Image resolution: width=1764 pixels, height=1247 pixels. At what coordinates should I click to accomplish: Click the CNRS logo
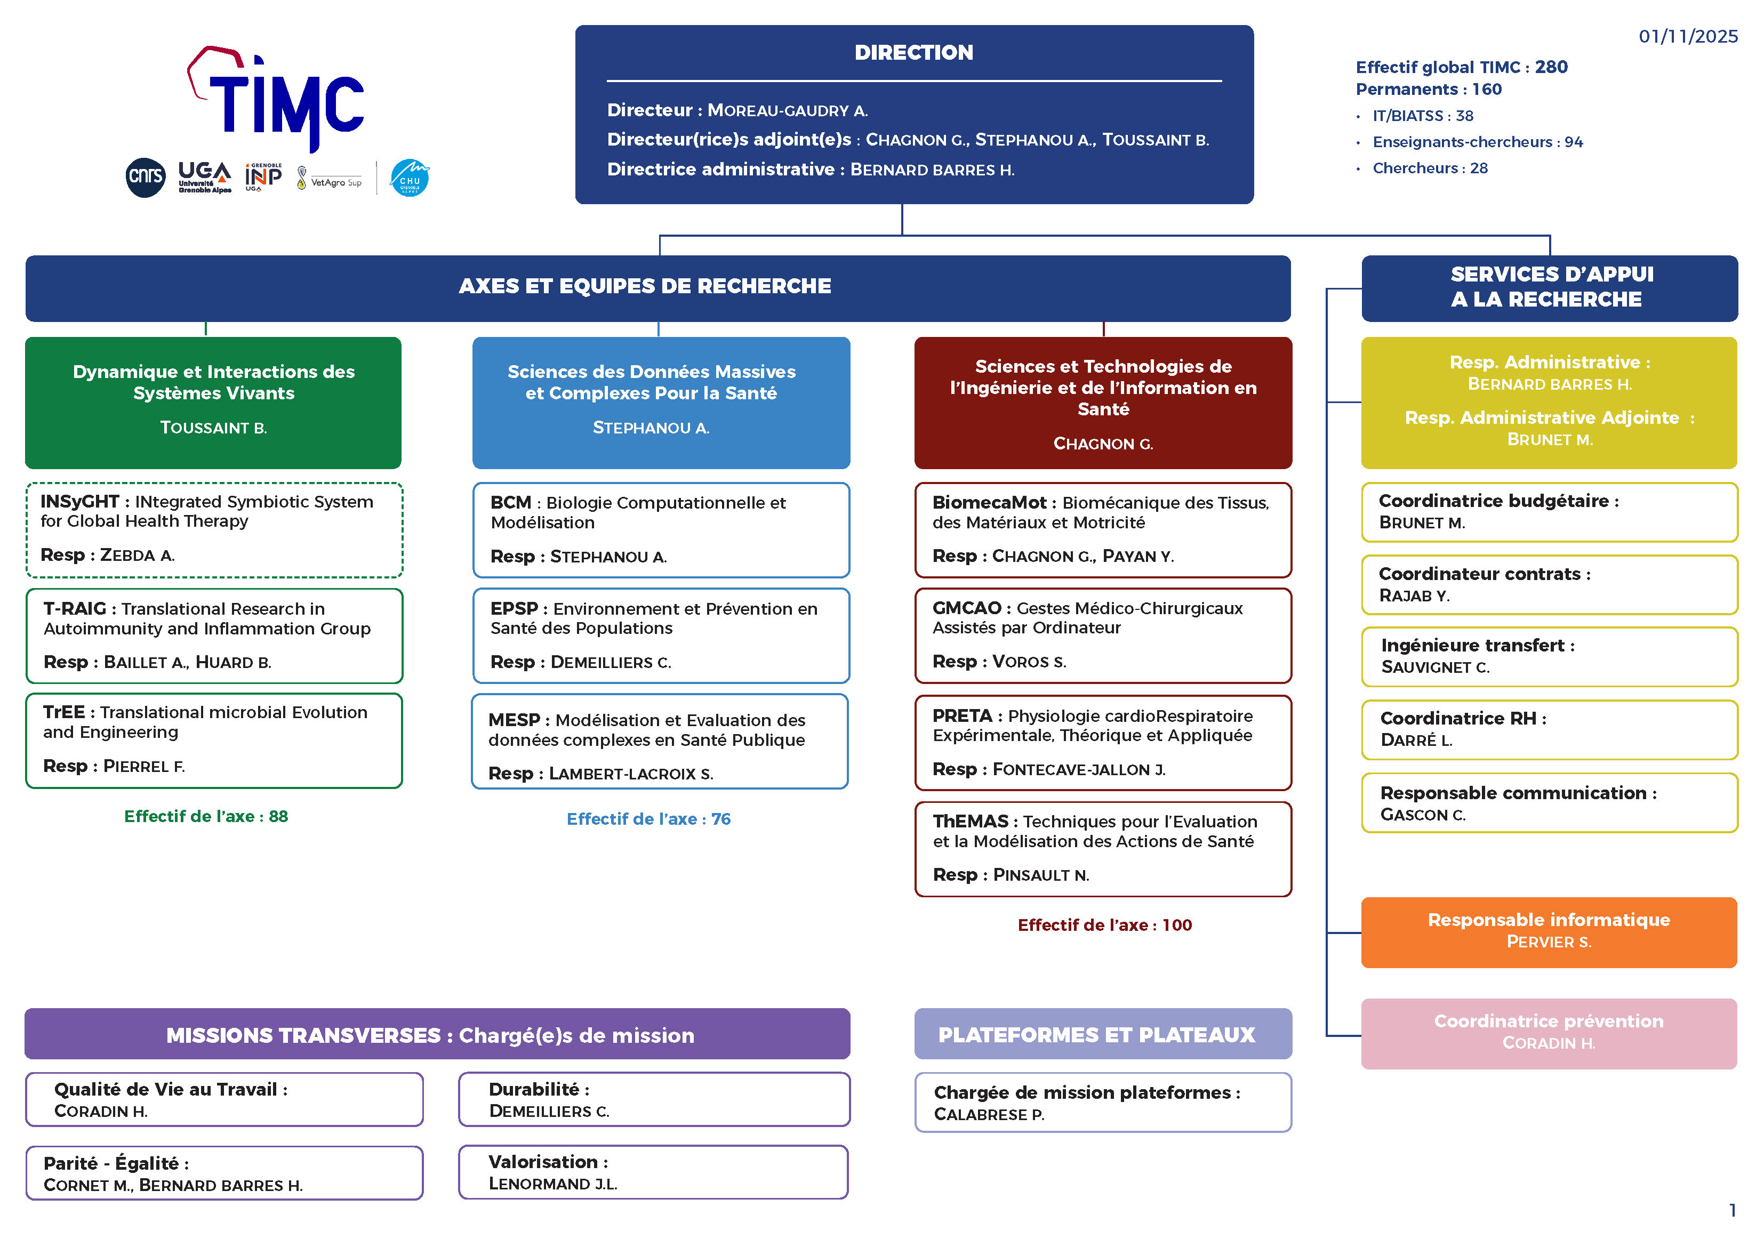145,178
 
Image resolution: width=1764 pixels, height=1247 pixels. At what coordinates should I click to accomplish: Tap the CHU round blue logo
410,178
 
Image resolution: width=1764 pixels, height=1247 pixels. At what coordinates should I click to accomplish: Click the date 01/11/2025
1687,37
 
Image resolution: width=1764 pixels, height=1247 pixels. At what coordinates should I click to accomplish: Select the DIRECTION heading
913,52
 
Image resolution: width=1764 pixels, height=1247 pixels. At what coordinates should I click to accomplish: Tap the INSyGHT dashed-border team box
214,529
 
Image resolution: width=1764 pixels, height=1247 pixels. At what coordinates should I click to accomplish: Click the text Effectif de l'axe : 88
206,816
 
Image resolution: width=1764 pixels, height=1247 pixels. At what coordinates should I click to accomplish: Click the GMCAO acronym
966,608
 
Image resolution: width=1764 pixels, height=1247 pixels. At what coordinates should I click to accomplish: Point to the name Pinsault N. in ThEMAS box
1040,875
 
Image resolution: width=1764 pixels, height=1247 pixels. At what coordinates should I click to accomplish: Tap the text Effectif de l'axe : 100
1104,925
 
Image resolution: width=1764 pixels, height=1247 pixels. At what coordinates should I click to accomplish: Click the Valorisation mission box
653,1172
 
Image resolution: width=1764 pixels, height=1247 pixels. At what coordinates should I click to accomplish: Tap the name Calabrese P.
989,1114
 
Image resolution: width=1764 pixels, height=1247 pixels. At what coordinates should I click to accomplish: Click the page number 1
1731,1210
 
